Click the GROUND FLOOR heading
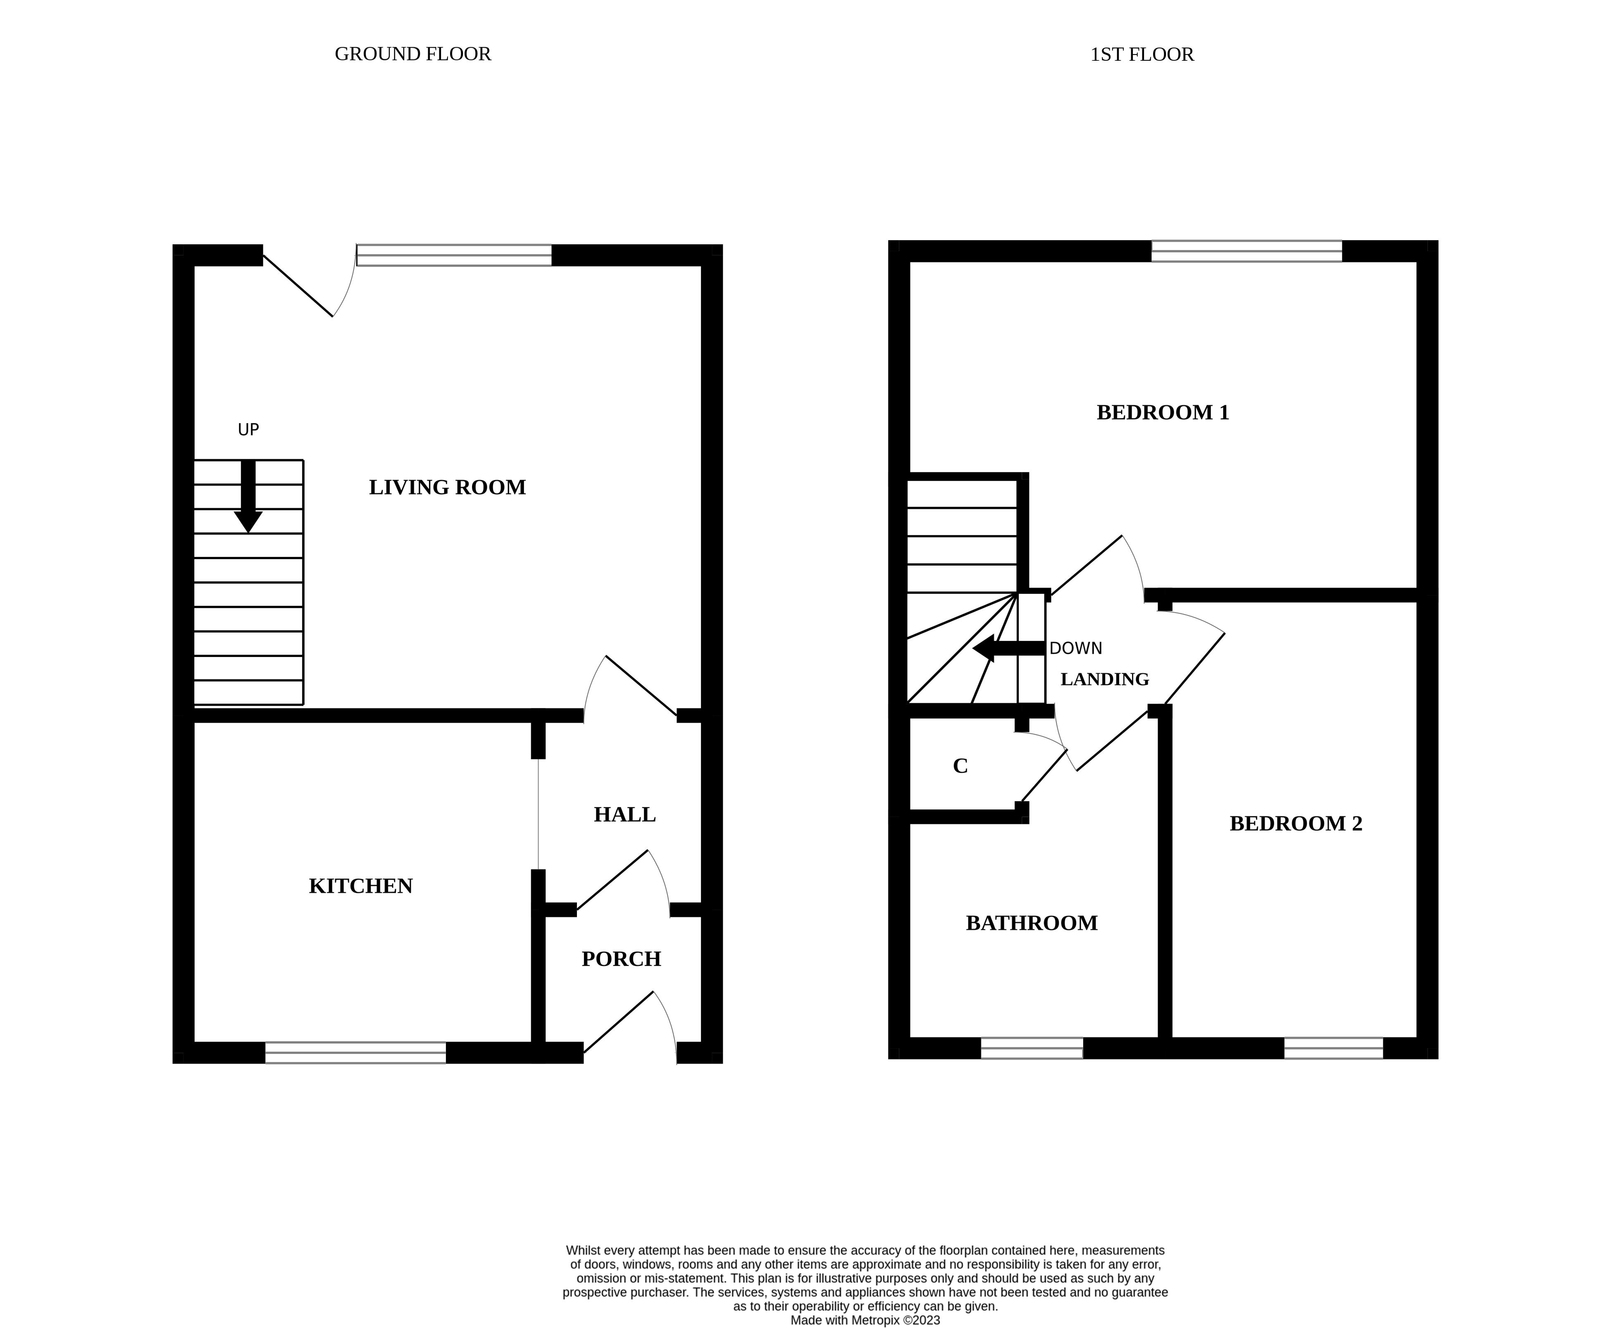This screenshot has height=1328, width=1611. coord(413,54)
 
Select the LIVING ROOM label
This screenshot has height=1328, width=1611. coord(448,487)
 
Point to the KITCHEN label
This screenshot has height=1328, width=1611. coord(361,886)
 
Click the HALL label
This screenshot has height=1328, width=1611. coord(625,815)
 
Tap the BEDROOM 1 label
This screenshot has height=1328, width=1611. coord(1163,412)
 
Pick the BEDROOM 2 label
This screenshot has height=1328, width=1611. coord(1296,823)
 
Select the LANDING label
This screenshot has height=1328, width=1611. coord(1105,679)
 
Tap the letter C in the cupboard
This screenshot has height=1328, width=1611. coord(961,766)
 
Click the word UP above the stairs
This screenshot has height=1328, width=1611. coord(249,430)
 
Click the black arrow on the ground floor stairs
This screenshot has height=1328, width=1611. coord(248,497)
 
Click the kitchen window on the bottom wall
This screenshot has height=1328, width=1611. coord(356,1053)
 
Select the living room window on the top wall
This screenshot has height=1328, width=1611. coord(454,255)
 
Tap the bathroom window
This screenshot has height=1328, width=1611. coord(1032,1048)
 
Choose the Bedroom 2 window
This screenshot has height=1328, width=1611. coord(1333,1048)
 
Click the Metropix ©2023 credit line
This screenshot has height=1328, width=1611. coord(865,1320)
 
